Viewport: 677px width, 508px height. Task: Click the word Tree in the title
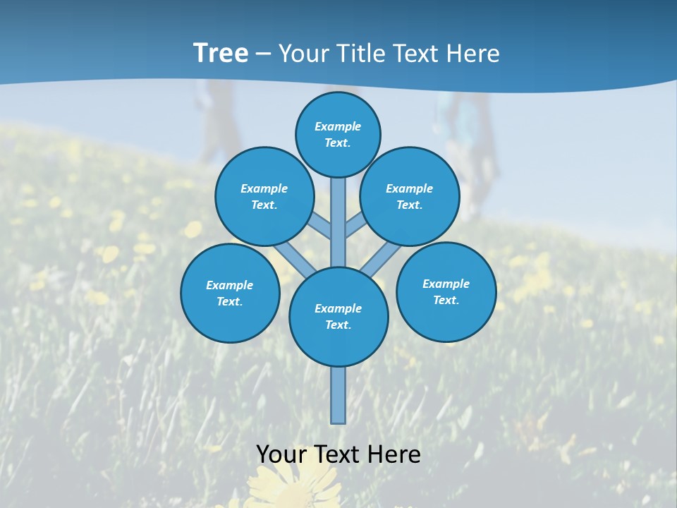221,53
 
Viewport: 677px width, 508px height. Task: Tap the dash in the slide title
264,54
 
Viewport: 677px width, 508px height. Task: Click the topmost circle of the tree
338,134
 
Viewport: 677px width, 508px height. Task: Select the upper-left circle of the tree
264,196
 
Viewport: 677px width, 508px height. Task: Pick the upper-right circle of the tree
410,196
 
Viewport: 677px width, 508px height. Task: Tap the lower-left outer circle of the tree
230,293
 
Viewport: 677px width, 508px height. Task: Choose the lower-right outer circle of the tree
446,291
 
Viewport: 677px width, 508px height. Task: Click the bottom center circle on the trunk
338,317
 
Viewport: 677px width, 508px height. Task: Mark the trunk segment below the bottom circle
338,395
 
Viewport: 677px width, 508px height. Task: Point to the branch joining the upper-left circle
322,226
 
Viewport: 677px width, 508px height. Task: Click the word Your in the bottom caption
281,454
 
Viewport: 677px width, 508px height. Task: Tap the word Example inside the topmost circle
338,126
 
